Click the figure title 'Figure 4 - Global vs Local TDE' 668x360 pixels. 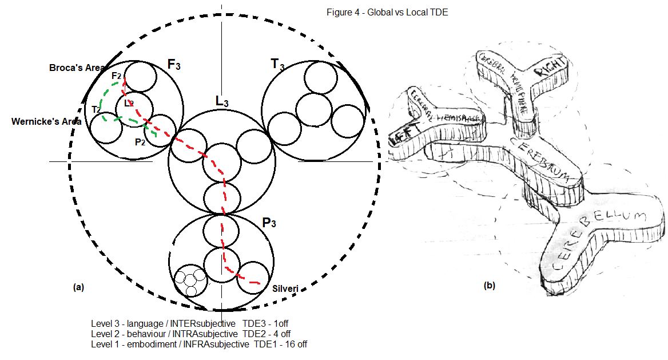pos(387,13)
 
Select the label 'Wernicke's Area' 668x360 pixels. pos(46,121)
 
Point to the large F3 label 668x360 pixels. pos(174,65)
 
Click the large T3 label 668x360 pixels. pos(277,65)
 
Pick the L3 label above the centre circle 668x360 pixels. pos(222,102)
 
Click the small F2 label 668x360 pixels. pos(116,76)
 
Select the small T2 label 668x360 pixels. pos(96,109)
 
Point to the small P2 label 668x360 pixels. pos(140,142)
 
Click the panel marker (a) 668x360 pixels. pos(79,287)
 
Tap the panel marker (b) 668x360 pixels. pos(489,285)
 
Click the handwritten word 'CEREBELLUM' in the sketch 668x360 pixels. pos(595,240)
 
